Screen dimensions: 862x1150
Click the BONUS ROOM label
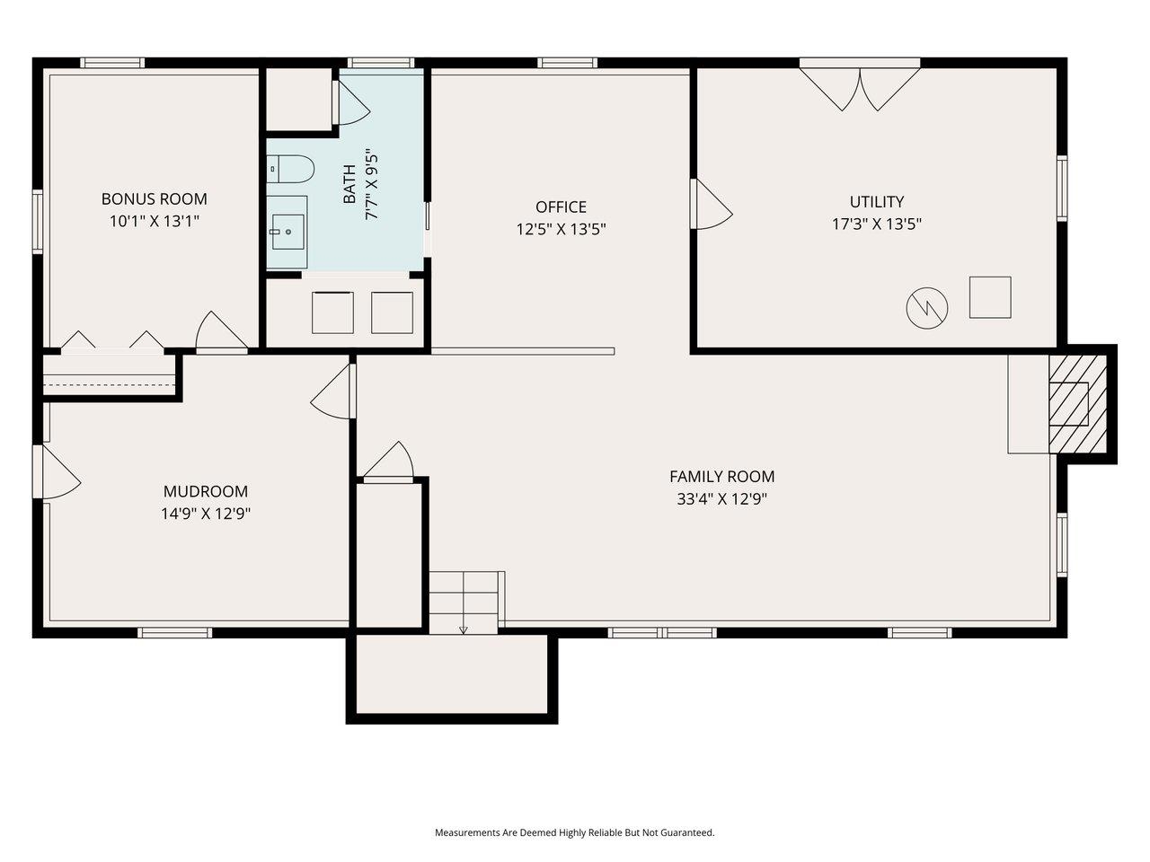point(154,198)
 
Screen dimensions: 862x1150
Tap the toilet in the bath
point(291,168)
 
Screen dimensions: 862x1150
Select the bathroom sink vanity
point(287,231)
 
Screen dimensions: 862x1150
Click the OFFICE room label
point(561,207)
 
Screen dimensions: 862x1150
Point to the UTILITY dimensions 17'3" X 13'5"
point(877,224)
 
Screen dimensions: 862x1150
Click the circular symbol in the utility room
point(926,308)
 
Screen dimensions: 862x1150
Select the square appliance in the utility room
point(990,297)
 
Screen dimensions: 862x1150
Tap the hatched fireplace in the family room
point(1078,403)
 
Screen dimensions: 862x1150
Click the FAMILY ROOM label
point(721,477)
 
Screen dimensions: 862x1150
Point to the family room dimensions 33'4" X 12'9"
point(721,499)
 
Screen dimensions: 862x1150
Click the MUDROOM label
point(205,491)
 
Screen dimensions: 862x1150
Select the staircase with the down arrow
point(464,602)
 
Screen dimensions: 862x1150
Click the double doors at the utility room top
point(860,86)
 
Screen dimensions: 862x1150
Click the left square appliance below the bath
point(332,312)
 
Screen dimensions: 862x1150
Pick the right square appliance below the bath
point(392,312)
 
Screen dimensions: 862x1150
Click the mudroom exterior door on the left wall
point(56,472)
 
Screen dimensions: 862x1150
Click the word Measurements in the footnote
point(465,832)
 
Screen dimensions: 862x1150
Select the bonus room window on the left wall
point(38,222)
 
